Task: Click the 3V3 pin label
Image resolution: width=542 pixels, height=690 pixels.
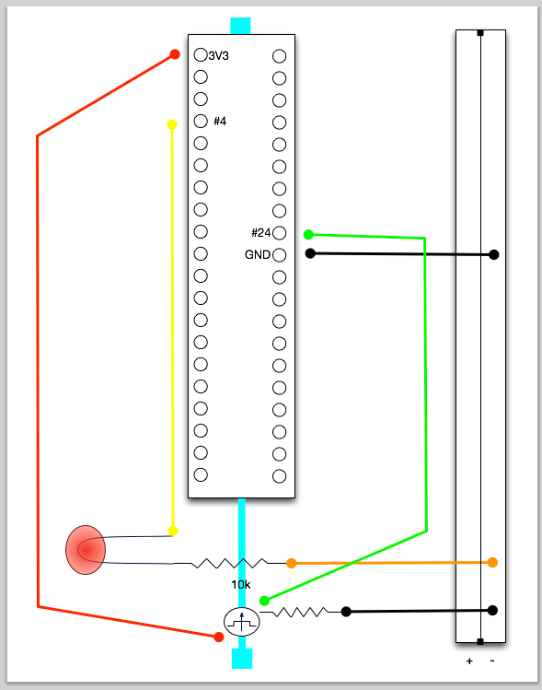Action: click(x=218, y=56)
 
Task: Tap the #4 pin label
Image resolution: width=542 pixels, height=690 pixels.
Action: click(x=220, y=121)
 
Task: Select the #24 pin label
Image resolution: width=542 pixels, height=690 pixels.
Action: click(x=260, y=232)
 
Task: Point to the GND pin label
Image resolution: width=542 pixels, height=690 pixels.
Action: click(x=258, y=255)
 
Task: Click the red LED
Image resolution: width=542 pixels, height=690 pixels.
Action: click(x=86, y=550)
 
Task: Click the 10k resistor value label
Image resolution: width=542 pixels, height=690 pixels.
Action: click(x=241, y=584)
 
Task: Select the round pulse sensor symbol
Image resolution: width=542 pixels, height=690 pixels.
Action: click(x=242, y=622)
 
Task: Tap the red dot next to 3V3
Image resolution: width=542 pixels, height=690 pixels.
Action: click(x=175, y=55)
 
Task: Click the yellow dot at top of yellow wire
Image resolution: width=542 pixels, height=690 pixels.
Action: click(x=172, y=124)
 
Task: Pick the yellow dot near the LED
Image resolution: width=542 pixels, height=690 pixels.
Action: click(x=173, y=531)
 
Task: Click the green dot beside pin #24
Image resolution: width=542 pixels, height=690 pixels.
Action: click(x=308, y=234)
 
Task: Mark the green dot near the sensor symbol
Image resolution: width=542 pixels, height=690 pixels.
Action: click(x=264, y=601)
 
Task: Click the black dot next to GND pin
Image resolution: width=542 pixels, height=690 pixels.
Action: click(x=310, y=253)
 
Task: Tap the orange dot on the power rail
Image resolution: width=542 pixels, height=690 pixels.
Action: click(x=492, y=562)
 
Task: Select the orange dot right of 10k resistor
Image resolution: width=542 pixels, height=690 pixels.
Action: click(x=292, y=563)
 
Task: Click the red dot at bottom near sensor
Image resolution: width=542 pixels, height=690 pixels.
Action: click(x=219, y=637)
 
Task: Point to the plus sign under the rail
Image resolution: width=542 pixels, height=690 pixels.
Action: click(x=469, y=661)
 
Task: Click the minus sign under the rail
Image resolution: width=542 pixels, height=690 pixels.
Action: click(x=492, y=661)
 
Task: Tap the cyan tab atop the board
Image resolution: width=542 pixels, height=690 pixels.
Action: click(x=240, y=26)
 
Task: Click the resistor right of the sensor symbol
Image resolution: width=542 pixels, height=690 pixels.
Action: click(x=298, y=611)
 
